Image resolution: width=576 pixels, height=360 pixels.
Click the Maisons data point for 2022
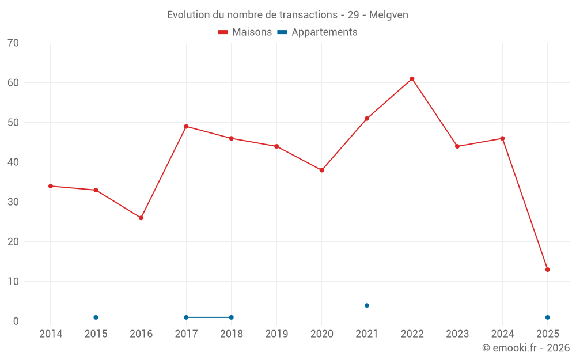412,79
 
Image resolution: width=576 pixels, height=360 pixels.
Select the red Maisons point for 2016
141,218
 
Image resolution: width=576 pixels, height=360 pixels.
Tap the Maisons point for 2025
548,270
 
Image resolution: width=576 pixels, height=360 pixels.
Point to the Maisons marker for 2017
186,127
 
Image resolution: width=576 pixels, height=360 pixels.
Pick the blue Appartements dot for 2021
367,305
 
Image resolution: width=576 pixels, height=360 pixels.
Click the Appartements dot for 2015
96,317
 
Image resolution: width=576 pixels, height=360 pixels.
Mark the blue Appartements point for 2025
548,317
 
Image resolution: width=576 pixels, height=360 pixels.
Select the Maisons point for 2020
321,170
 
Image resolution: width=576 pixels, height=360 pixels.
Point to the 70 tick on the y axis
13,43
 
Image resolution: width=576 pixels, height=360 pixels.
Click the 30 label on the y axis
13,202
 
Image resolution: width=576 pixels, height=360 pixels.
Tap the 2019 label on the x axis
276,334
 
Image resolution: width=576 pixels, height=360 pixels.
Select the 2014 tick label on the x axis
51,334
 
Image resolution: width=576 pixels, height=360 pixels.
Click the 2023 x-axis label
457,334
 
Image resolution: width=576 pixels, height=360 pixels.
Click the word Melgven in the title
389,15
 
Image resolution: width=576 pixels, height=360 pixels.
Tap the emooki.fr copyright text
526,348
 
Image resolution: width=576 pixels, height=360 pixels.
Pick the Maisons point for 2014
51,186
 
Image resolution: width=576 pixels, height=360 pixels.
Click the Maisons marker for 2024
502,138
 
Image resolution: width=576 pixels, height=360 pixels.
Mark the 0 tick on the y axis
16,321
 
